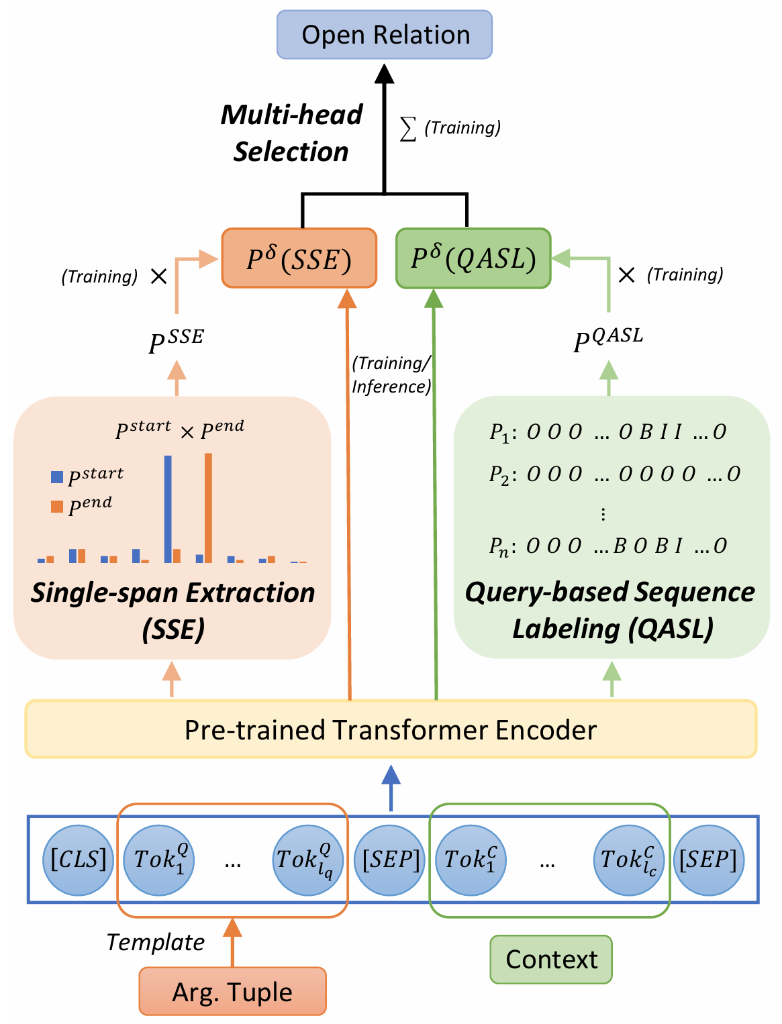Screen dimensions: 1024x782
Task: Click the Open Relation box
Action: click(x=385, y=35)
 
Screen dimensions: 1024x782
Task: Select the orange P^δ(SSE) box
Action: click(x=299, y=259)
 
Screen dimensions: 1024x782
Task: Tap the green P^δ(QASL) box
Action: click(x=473, y=259)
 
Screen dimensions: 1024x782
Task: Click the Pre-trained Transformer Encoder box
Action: click(x=391, y=729)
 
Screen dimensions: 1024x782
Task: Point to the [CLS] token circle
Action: click(x=79, y=860)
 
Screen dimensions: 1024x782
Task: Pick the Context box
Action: click(x=551, y=960)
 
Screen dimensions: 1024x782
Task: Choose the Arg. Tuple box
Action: click(x=232, y=992)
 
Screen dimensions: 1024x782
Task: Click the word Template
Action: click(x=156, y=942)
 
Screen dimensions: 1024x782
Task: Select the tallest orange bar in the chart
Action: click(x=208, y=508)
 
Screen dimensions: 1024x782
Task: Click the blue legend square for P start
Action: click(x=57, y=477)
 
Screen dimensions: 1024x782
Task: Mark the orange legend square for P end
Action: click(x=57, y=507)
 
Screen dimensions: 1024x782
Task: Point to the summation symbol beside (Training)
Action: click(x=407, y=128)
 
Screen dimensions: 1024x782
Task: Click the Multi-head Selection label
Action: click(x=291, y=133)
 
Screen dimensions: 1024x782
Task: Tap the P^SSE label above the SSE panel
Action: click(x=176, y=342)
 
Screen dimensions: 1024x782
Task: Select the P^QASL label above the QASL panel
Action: click(x=608, y=340)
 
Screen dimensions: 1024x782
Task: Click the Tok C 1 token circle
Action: click(x=471, y=860)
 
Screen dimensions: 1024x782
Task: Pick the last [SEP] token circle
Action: click(x=708, y=860)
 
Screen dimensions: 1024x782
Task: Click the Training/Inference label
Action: click(x=391, y=374)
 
